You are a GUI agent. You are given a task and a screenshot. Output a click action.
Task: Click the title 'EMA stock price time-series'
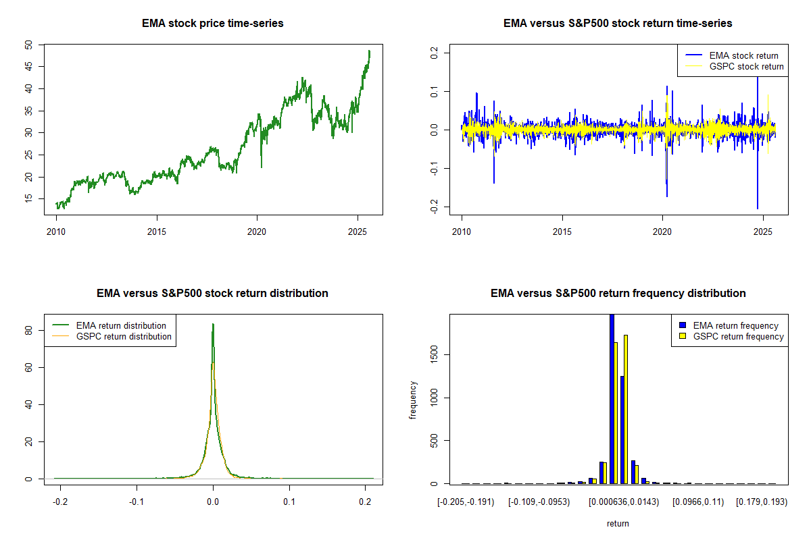coord(212,24)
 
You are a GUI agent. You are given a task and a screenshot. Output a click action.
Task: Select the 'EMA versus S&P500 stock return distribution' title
coord(212,294)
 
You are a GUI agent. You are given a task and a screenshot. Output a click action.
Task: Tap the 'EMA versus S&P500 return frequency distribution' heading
coord(618,294)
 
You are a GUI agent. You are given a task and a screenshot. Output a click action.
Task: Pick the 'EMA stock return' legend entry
coord(743,56)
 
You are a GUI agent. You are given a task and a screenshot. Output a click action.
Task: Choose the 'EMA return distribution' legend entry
coord(121,326)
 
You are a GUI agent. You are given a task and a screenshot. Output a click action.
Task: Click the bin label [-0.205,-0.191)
coord(466,502)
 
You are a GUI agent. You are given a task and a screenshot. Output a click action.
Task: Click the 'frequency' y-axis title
coord(413,400)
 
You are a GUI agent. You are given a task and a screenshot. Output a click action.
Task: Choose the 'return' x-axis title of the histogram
coord(618,523)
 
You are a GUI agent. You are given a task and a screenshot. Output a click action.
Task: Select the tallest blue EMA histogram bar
coord(612,398)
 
